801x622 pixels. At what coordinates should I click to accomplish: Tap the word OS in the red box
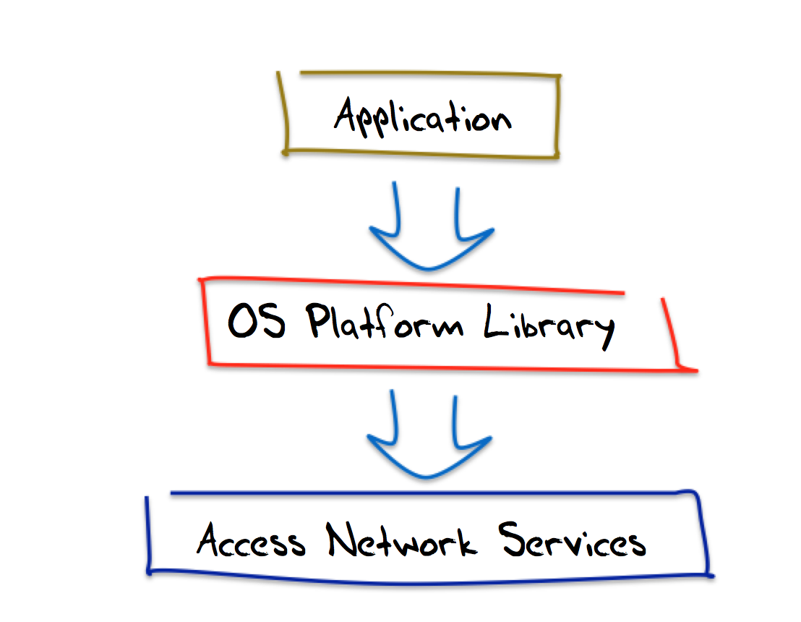point(257,323)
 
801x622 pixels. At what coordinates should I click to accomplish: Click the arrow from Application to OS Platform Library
point(429,231)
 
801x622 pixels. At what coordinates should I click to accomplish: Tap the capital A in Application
point(348,116)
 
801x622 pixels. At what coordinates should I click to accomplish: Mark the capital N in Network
point(340,539)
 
